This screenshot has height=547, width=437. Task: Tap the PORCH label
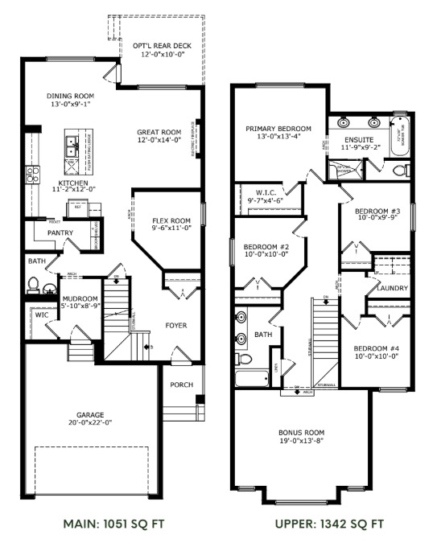[x=181, y=385]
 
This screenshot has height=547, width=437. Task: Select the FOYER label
[x=176, y=326]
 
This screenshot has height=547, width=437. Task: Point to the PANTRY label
[x=60, y=233]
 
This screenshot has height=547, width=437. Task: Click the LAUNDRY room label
[x=390, y=288]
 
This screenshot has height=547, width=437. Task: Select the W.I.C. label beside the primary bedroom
[x=266, y=191]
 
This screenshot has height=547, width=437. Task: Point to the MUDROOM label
[x=80, y=298]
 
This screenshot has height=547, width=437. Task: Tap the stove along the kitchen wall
[x=32, y=174]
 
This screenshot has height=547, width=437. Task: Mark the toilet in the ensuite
[x=399, y=170]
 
